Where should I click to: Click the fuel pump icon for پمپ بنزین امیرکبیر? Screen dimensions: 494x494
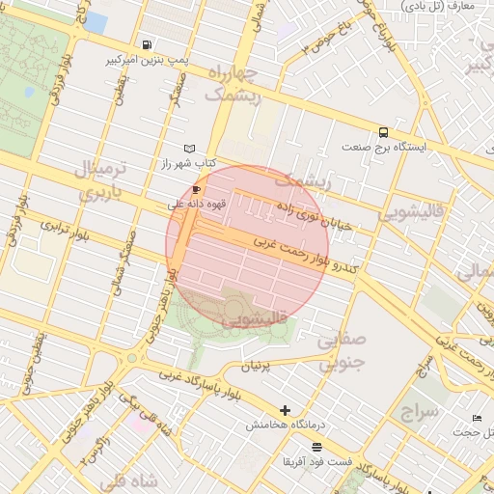pos(146,44)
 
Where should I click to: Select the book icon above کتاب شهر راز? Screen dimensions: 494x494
pos(189,149)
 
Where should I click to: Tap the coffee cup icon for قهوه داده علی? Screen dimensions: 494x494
pos(197,190)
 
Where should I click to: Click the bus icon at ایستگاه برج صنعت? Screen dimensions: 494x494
pos(384,133)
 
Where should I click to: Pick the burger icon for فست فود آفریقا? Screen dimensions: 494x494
pos(316,447)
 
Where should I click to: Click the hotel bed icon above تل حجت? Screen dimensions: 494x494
pos(478,418)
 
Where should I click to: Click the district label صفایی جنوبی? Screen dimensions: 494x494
pos(343,351)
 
